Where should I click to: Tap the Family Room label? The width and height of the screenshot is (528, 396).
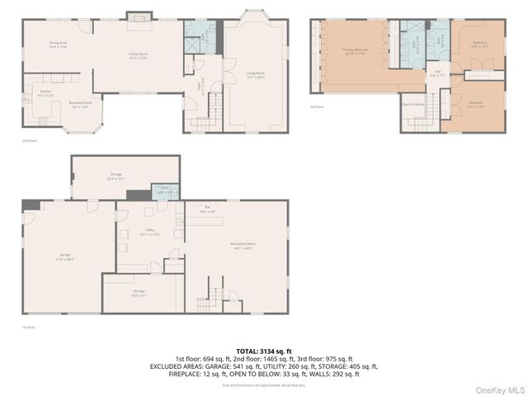click(x=138, y=54)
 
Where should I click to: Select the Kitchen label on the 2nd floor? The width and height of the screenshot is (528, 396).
click(x=46, y=94)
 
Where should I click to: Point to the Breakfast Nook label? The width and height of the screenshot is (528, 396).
click(x=79, y=105)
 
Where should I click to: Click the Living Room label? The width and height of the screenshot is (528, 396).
click(x=257, y=75)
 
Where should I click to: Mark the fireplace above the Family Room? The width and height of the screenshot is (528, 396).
click(x=137, y=16)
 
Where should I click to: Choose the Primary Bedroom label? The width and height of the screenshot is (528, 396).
click(x=355, y=51)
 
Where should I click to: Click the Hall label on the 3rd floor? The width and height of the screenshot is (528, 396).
click(x=436, y=73)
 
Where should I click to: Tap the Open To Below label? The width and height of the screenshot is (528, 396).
click(x=412, y=105)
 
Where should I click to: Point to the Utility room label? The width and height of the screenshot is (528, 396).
click(x=150, y=233)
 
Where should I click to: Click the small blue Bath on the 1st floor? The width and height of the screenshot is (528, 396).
click(x=163, y=191)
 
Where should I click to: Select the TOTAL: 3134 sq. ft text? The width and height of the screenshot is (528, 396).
click(x=264, y=351)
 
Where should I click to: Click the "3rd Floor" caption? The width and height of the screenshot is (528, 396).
click(x=317, y=107)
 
